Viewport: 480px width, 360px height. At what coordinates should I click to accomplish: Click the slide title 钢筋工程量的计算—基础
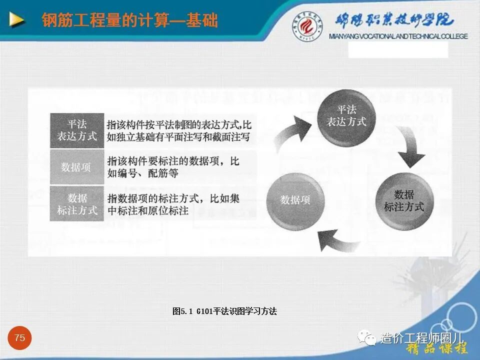(129, 20)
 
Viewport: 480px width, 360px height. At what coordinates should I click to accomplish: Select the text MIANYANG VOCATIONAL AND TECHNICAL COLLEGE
(398, 36)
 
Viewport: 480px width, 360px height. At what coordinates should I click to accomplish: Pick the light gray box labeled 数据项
(76, 167)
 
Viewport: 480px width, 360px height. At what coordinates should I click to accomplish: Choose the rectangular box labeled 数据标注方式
(77, 204)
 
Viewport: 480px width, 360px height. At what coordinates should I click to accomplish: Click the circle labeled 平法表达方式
(346, 116)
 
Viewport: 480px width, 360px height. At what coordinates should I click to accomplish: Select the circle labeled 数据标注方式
(404, 200)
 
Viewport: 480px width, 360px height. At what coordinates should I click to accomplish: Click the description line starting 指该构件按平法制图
(179, 124)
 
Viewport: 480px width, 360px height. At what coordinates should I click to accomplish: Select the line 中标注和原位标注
(148, 211)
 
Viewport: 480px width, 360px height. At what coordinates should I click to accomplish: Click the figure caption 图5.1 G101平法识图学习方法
(224, 311)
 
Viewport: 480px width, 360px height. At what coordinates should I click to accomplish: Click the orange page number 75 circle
(19, 338)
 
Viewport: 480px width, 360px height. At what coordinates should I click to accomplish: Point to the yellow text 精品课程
(437, 349)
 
